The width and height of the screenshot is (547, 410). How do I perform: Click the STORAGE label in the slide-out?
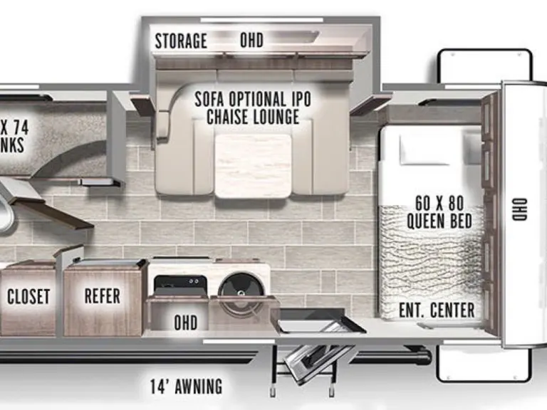coord(181,41)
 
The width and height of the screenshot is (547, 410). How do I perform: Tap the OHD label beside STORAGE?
coord(251,41)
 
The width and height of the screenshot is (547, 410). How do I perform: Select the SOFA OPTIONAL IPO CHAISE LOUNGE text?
coord(253,107)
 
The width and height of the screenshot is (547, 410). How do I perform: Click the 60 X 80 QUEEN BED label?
coord(439,212)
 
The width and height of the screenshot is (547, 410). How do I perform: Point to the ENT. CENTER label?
coord(437,310)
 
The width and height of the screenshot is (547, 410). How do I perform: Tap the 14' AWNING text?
coord(186,387)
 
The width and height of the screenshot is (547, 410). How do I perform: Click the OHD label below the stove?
coord(185,322)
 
